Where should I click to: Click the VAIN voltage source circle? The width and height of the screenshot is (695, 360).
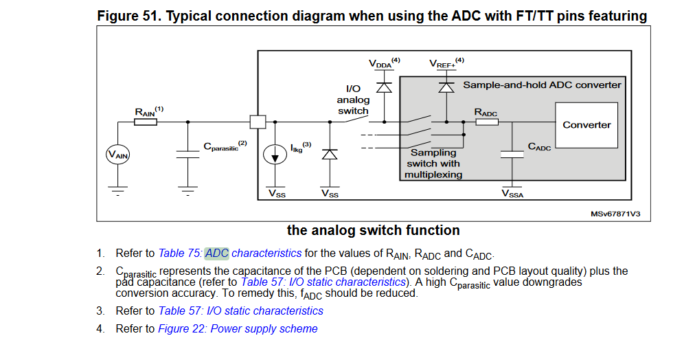117,156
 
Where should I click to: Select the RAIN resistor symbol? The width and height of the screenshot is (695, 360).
145,122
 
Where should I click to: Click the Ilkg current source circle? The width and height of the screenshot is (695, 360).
275,155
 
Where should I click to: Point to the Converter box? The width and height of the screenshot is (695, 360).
586,125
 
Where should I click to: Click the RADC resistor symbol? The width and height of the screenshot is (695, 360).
487,122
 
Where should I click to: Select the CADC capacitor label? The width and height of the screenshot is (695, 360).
539,147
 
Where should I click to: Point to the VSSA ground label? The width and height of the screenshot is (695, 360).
512,194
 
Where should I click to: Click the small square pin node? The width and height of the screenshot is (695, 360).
258,122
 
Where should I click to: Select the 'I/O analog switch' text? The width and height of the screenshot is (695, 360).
353,100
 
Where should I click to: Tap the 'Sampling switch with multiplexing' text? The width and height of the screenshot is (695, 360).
433,164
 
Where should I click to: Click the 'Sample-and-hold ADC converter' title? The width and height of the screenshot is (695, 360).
542,85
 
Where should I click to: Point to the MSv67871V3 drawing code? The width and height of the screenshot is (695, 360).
615,214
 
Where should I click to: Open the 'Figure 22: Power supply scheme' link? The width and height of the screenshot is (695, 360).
238,328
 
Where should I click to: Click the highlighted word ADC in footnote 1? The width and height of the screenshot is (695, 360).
216,253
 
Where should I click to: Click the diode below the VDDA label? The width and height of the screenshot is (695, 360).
384,87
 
